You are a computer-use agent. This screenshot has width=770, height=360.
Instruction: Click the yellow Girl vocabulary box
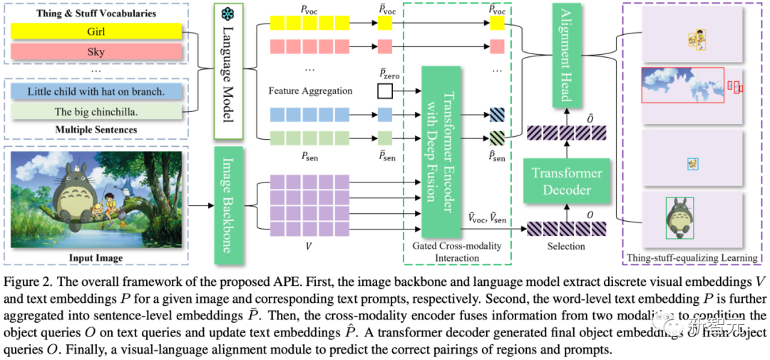pos(95,32)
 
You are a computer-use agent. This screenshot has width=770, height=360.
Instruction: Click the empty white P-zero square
pos(385,91)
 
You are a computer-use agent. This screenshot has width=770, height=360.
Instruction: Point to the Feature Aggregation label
pos(311,91)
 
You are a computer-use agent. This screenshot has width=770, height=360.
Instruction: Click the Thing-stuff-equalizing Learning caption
pos(692,257)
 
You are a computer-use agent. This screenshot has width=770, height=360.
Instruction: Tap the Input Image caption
pos(95,257)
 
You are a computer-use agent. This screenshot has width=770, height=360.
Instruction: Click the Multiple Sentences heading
pos(96,129)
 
